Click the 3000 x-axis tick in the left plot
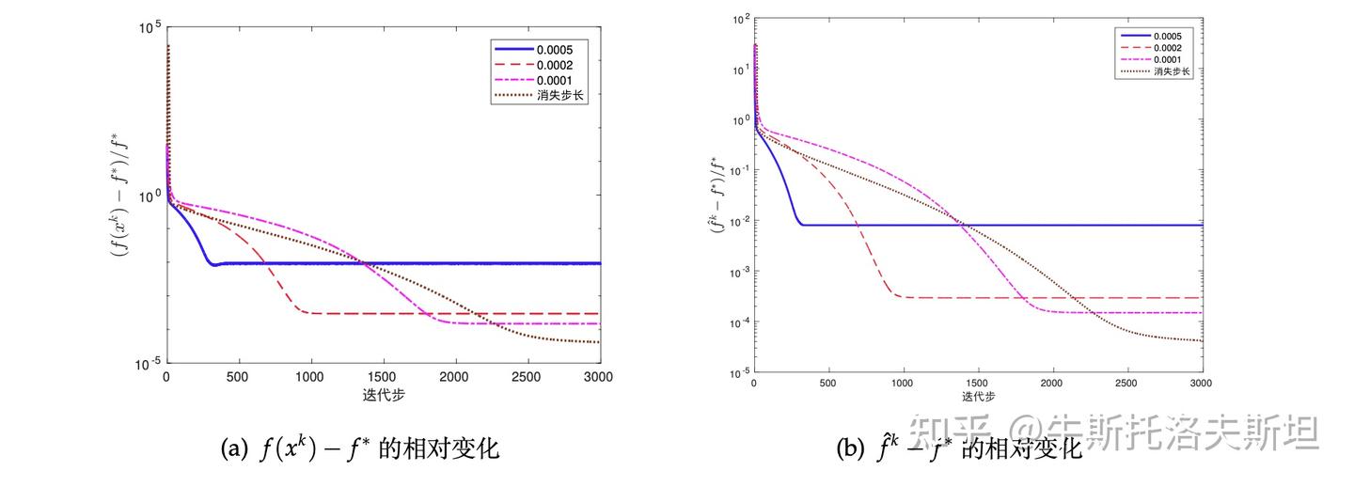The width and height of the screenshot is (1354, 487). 599,376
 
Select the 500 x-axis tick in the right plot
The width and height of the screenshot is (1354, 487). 828,384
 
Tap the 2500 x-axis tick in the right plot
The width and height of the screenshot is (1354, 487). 1126,384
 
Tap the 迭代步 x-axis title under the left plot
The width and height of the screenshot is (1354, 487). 383,392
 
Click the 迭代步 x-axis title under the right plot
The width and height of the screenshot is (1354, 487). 978,396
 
